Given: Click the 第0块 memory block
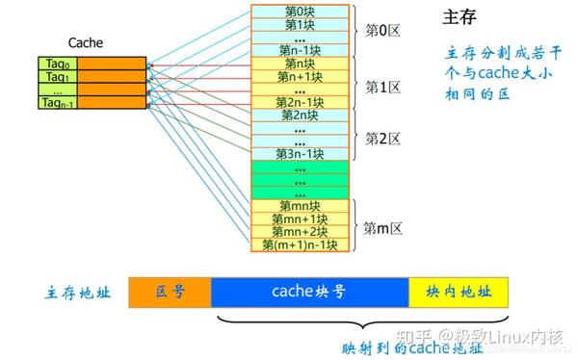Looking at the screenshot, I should [300, 11].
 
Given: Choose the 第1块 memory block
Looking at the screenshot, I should [300, 23].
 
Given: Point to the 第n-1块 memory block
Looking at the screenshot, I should [300, 49].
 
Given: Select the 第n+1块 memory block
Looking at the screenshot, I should [300, 76].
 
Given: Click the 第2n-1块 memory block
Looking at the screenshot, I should [300, 102].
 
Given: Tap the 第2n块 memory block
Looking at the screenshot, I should [300, 115].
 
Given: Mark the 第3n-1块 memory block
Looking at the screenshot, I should [300, 154].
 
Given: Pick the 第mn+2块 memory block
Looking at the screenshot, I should [300, 232].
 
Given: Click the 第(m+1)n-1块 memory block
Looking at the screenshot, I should [300, 245].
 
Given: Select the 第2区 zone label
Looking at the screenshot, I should [382, 136].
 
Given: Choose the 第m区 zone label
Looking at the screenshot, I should [382, 227].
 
